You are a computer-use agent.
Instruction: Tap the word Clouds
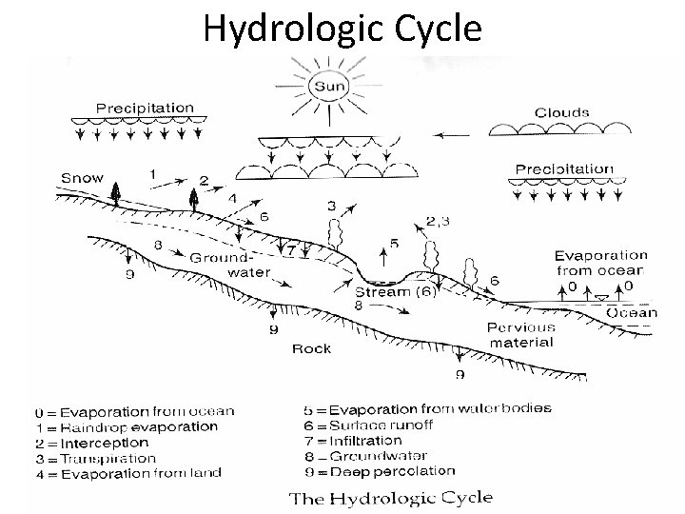pyautogui.click(x=561, y=112)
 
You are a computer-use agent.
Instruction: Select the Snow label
pyautogui.click(x=82, y=178)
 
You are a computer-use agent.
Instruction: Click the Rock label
pyautogui.click(x=312, y=349)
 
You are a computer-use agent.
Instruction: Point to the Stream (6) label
pyautogui.click(x=396, y=292)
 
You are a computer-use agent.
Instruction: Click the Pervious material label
pyautogui.click(x=520, y=335)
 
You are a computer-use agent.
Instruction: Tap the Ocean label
pyautogui.click(x=633, y=311)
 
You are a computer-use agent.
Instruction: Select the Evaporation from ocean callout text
pyautogui.click(x=600, y=263)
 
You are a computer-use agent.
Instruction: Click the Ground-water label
pyautogui.click(x=229, y=265)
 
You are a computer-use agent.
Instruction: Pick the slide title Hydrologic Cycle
pyautogui.click(x=342, y=30)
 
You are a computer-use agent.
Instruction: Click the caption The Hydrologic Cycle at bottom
pyautogui.click(x=390, y=497)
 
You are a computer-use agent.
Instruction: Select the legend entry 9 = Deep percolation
pyautogui.click(x=379, y=470)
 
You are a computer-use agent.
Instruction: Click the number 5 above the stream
pyautogui.click(x=394, y=244)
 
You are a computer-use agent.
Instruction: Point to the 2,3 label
pyautogui.click(x=440, y=222)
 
